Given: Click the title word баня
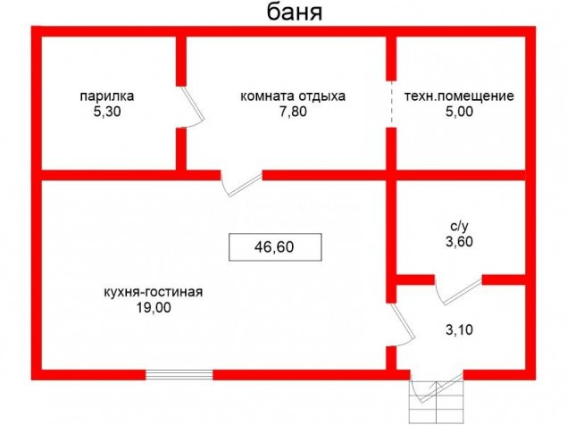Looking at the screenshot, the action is tap(295, 12).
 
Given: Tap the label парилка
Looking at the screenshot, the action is tap(107, 96).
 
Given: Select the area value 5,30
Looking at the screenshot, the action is tap(107, 112).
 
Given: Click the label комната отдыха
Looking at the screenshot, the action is tap(293, 96).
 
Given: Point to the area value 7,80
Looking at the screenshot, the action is tap(293, 112).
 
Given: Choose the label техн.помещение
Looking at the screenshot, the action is tap(459, 96).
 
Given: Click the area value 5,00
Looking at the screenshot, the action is tap(459, 112).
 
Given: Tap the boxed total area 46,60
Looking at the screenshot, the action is tap(275, 247).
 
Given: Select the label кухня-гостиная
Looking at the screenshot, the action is tap(154, 292).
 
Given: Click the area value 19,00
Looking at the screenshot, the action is tap(154, 308).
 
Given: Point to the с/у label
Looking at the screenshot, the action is tap(459, 227).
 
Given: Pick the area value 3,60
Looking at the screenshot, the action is tap(459, 242).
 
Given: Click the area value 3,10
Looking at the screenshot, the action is tap(459, 329).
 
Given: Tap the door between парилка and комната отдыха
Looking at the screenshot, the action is tap(192, 106).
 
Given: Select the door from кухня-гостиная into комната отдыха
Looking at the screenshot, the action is tap(242, 184).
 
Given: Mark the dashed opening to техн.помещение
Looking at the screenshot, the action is tap(391, 104).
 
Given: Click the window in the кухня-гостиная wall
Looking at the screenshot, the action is tap(179, 375).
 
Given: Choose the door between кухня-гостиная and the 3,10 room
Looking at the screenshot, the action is tap(402, 324).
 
